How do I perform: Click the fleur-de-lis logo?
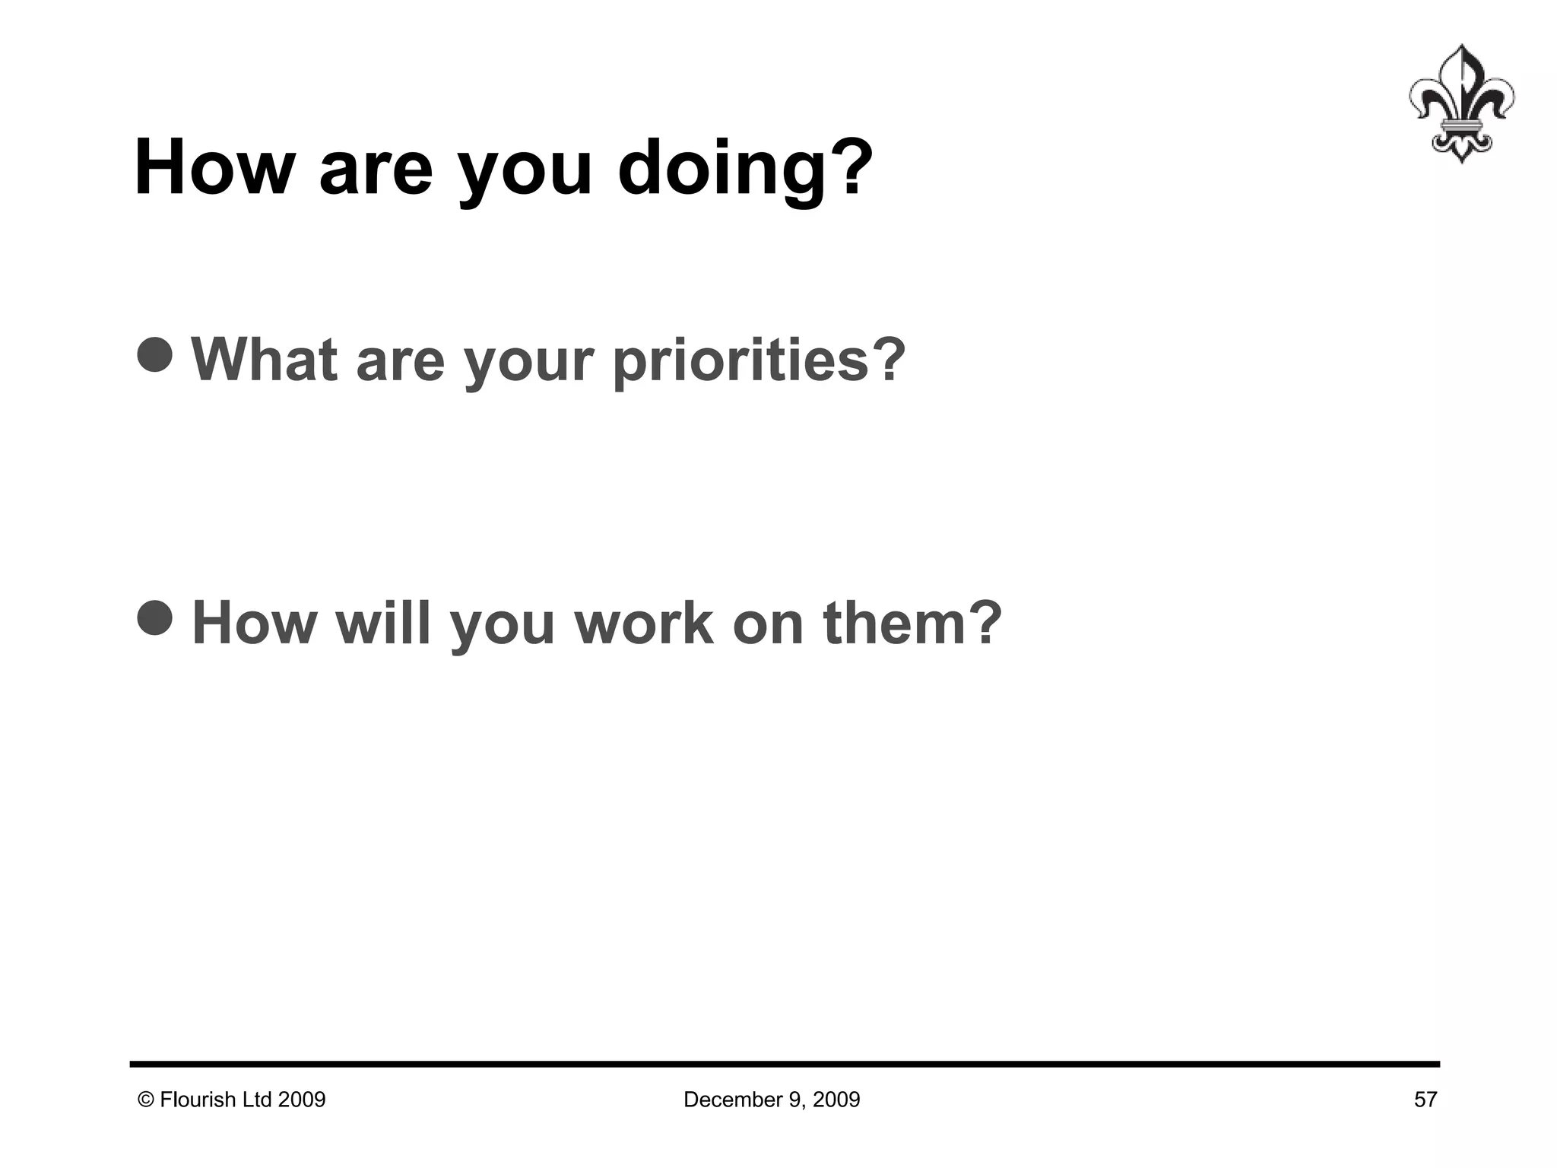[1460, 103]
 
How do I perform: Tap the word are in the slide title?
[376, 169]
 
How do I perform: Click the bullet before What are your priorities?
[156, 354]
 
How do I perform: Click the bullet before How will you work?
[156, 616]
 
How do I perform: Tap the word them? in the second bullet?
[912, 623]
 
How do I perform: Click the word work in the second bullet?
[644, 623]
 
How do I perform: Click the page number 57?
[1425, 1100]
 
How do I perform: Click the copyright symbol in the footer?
[145, 1100]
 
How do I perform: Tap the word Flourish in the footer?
[198, 1100]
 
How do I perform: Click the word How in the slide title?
[214, 169]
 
